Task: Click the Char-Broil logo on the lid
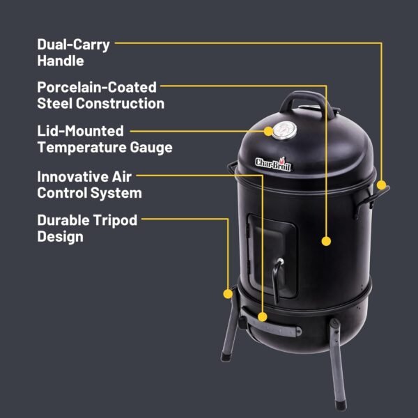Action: pyautogui.click(x=275, y=164)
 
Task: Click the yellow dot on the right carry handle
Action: pyautogui.click(x=382, y=185)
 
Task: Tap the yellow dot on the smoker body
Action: pyautogui.click(x=325, y=241)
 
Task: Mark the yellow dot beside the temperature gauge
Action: pyautogui.click(x=268, y=130)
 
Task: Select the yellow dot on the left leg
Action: pyautogui.click(x=227, y=293)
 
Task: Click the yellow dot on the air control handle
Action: pyautogui.click(x=263, y=316)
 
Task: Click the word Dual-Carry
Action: pyautogui.click(x=73, y=45)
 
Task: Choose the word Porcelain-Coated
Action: pyautogui.click(x=97, y=88)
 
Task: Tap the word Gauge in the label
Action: pyautogui.click(x=150, y=147)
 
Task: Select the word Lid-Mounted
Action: pyautogui.click(x=80, y=131)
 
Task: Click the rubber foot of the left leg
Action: pyautogui.click(x=226, y=357)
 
